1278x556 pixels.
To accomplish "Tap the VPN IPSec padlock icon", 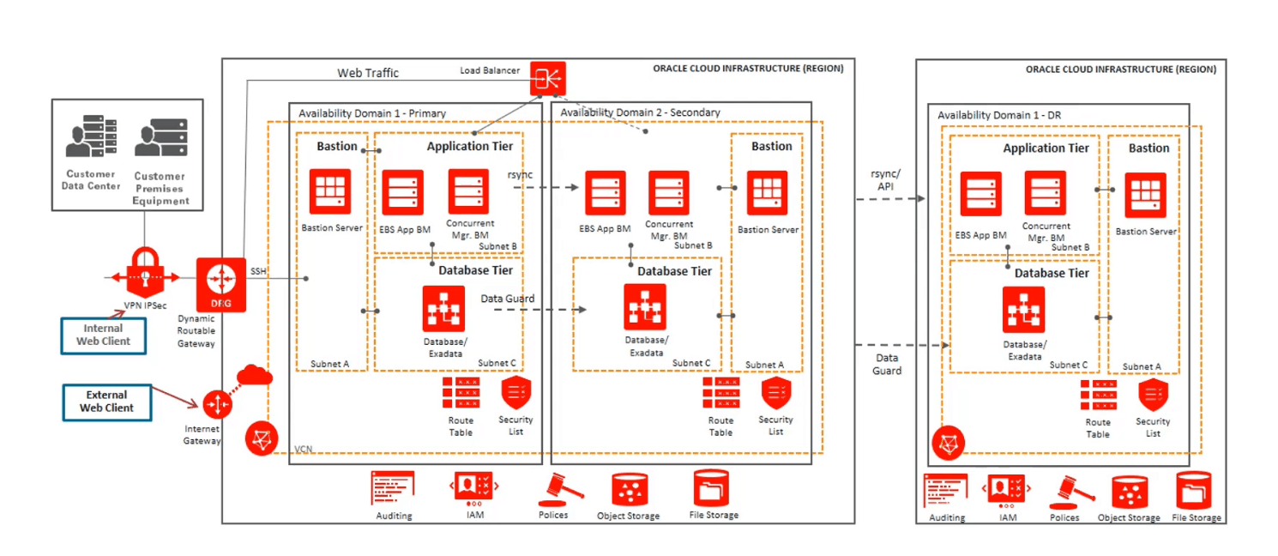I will (x=144, y=270).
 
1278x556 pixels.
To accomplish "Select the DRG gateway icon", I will (x=221, y=283).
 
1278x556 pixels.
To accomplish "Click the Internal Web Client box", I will (x=103, y=335).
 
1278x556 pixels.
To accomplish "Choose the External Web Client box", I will (x=107, y=402).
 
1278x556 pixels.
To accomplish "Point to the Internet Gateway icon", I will (x=216, y=402).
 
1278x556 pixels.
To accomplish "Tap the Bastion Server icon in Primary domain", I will (x=330, y=192).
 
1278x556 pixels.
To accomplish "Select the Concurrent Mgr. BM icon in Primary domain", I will (x=468, y=192).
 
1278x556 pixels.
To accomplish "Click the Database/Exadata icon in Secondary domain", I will (x=645, y=306).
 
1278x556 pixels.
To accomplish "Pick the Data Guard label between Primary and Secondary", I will (x=507, y=299).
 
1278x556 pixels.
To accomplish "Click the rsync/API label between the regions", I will (x=889, y=179).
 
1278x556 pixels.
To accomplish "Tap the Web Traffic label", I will (x=367, y=73).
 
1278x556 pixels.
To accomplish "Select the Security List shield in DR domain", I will (x=1153, y=396).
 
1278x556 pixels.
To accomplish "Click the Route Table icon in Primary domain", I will (x=461, y=393).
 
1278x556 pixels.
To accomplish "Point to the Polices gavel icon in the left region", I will (x=558, y=489).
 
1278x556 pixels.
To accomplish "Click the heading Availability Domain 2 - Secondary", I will (x=640, y=112).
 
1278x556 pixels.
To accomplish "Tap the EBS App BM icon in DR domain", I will (x=981, y=194).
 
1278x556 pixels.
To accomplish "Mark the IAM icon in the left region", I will (x=473, y=488).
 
